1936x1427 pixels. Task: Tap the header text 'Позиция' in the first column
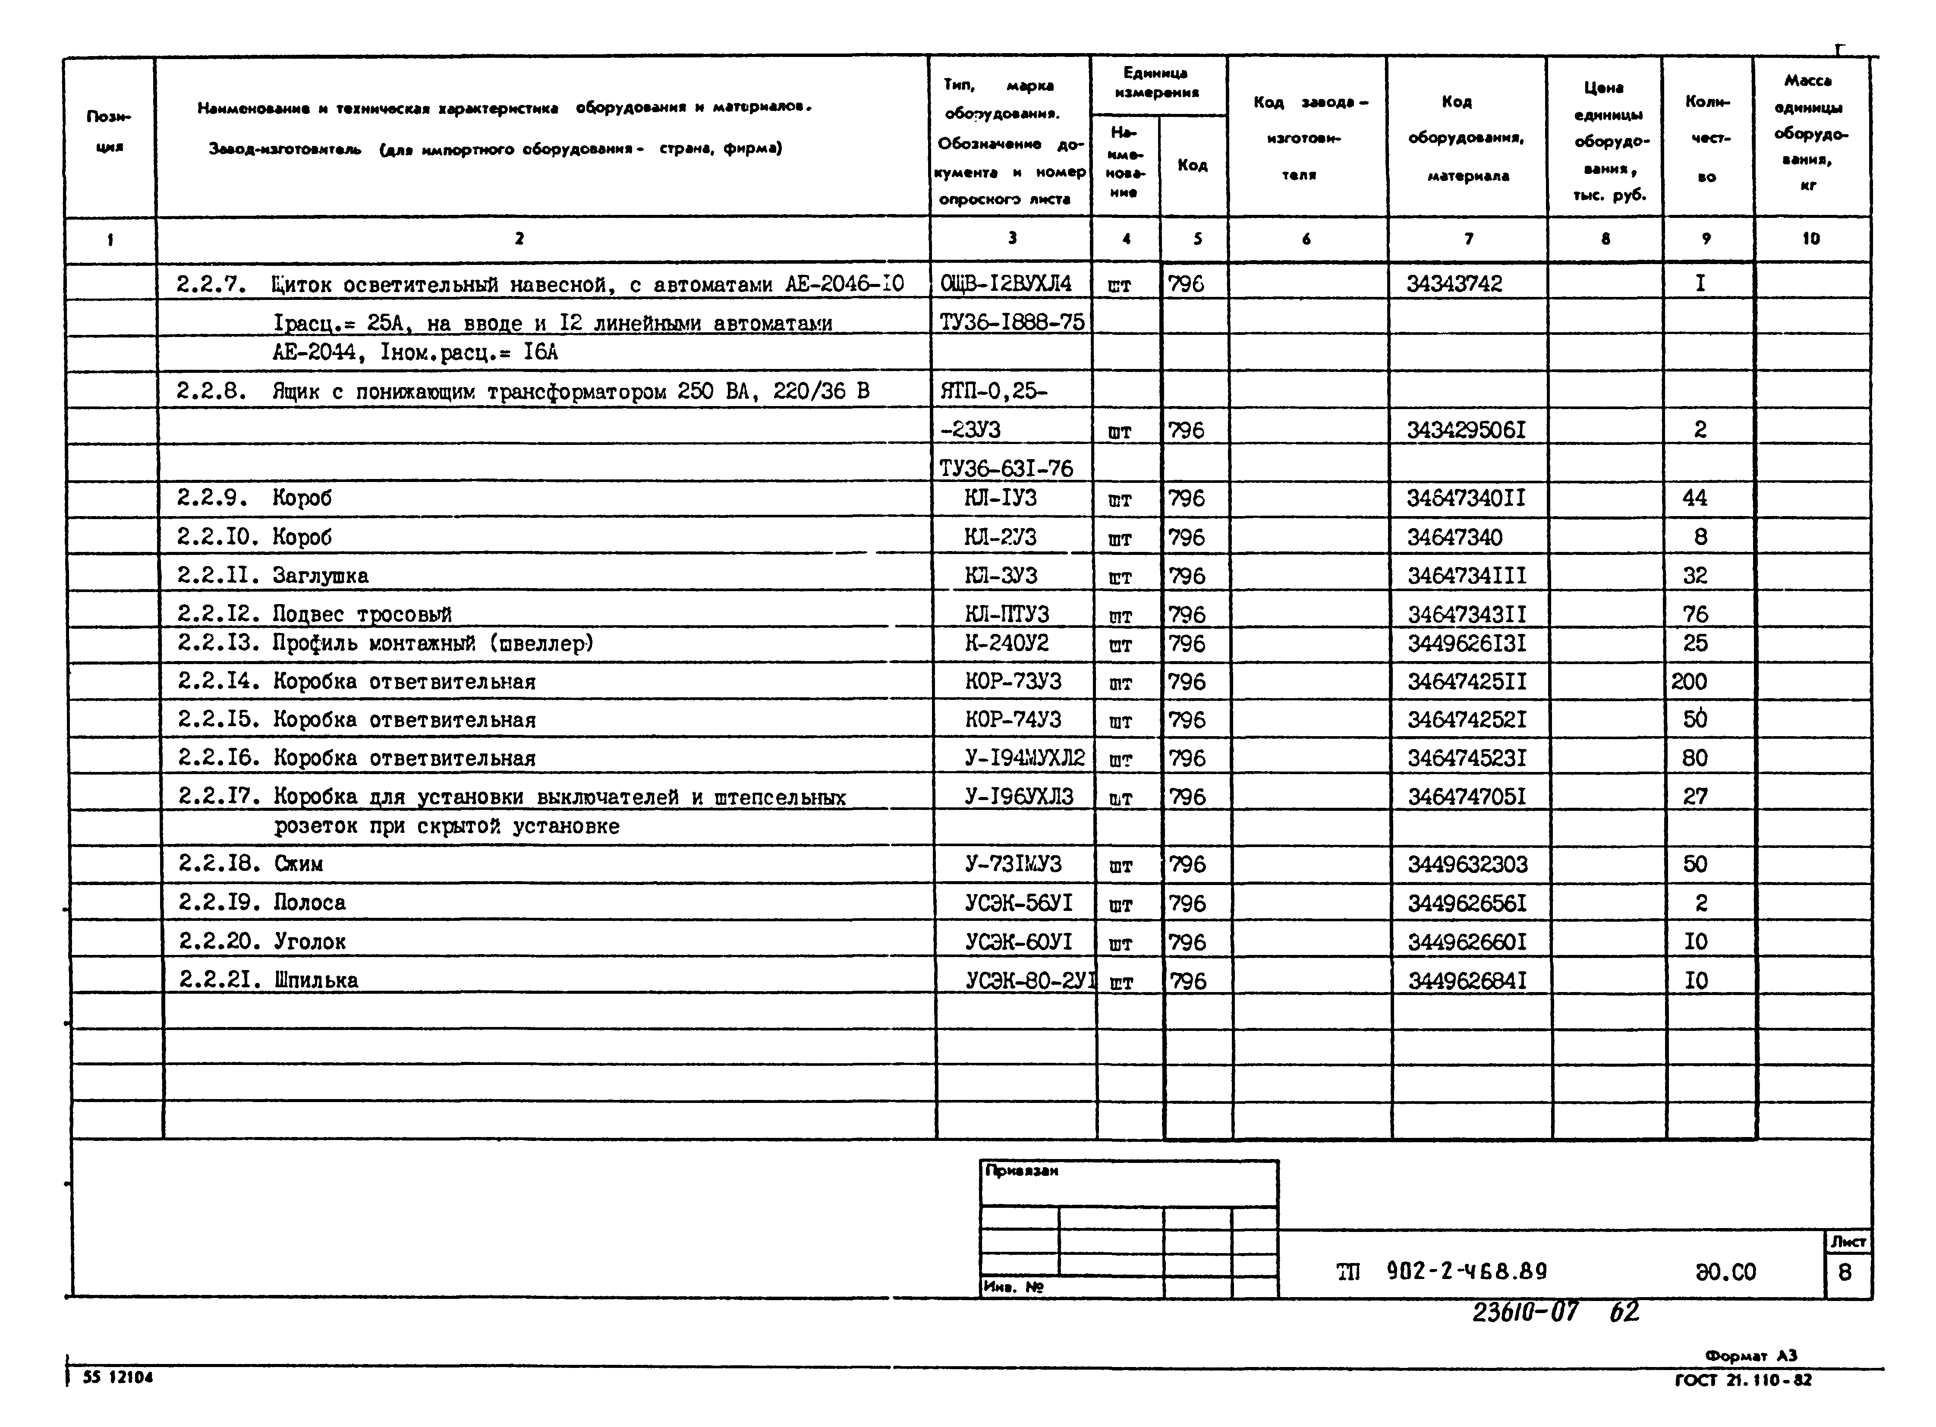pos(109,131)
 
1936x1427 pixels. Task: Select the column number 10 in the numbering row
pos(1811,239)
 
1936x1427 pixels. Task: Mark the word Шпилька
pos(316,980)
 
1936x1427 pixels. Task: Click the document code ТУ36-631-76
pos(1006,468)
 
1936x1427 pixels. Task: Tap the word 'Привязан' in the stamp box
pos(1022,1171)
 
